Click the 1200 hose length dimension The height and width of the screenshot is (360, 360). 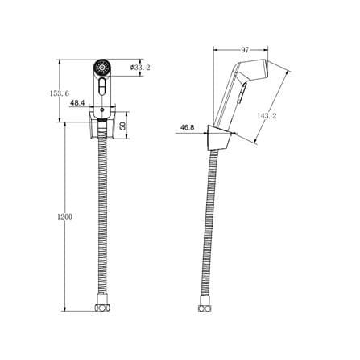pos(65,217)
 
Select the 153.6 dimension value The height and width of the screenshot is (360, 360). pos(60,93)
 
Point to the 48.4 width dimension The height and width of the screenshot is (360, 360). pos(77,102)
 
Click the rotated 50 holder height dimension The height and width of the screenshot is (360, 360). pos(122,126)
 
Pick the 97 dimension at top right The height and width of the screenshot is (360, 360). pos(245,50)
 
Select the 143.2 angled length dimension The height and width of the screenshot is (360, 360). pos(267,116)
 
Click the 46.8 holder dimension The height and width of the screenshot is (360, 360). pos(188,127)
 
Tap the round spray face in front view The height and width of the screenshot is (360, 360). pos(101,67)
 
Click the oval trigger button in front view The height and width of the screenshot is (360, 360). pos(101,86)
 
